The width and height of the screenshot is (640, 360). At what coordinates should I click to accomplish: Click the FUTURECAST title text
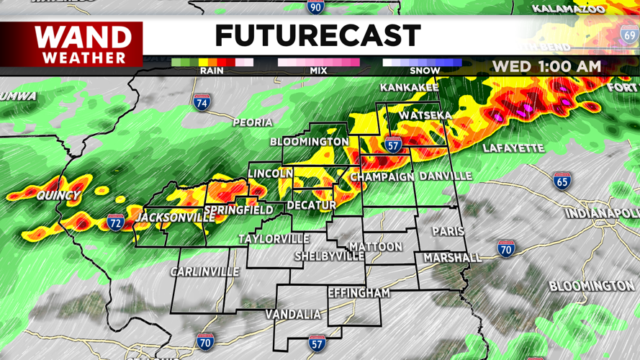pos(317,36)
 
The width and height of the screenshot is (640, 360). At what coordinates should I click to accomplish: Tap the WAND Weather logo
pos(84,44)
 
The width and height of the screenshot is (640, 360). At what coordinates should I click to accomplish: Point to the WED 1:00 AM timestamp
pos(546,66)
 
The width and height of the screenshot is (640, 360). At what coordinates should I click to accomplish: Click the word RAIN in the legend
pos(212,71)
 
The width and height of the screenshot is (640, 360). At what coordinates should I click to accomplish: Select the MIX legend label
pos(318,71)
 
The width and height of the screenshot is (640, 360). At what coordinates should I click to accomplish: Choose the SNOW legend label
pos(425,71)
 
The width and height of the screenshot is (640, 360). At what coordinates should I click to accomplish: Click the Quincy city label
pos(58,196)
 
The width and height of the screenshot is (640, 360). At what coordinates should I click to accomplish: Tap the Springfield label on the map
pos(238,210)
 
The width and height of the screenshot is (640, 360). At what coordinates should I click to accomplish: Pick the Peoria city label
pos(252,122)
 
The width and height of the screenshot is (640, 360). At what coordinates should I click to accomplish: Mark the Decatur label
pos(312,205)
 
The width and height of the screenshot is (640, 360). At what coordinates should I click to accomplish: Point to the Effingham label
pos(359,293)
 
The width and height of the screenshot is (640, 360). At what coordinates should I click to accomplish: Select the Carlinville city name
pos(204,271)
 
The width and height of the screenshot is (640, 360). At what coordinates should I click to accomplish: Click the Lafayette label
pos(513,148)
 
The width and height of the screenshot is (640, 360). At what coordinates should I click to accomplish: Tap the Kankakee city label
pos(409,87)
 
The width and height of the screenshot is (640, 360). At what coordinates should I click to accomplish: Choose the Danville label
pos(446,176)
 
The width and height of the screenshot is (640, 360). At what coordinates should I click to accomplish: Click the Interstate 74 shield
pos(203,102)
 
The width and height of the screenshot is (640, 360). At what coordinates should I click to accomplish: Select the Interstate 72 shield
pos(116,222)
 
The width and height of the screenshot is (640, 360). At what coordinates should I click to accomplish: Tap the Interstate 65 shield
pos(562,181)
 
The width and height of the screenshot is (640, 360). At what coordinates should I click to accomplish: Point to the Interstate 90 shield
pos(315,6)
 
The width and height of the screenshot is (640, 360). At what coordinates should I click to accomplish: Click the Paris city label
pos(448,231)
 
